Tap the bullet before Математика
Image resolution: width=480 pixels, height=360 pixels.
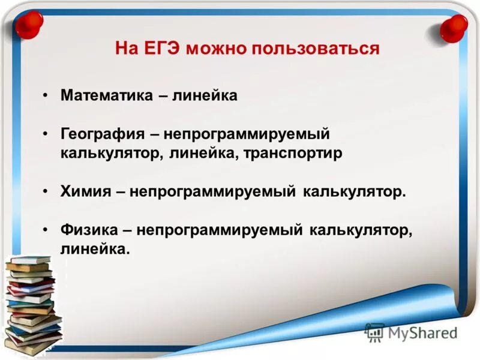(x=46, y=96)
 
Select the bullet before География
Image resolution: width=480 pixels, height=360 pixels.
(x=46, y=134)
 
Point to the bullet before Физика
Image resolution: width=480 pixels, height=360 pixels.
(x=46, y=230)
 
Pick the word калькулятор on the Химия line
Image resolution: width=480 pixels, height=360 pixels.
(x=355, y=192)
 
